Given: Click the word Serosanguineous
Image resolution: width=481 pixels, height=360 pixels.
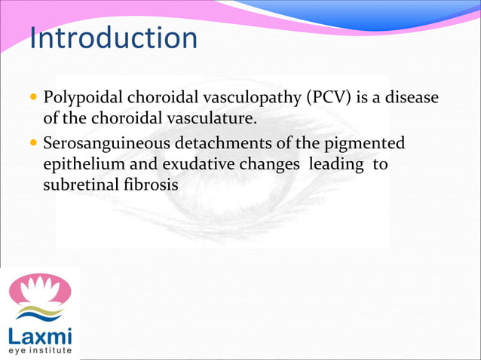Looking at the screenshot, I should tap(104, 144).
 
